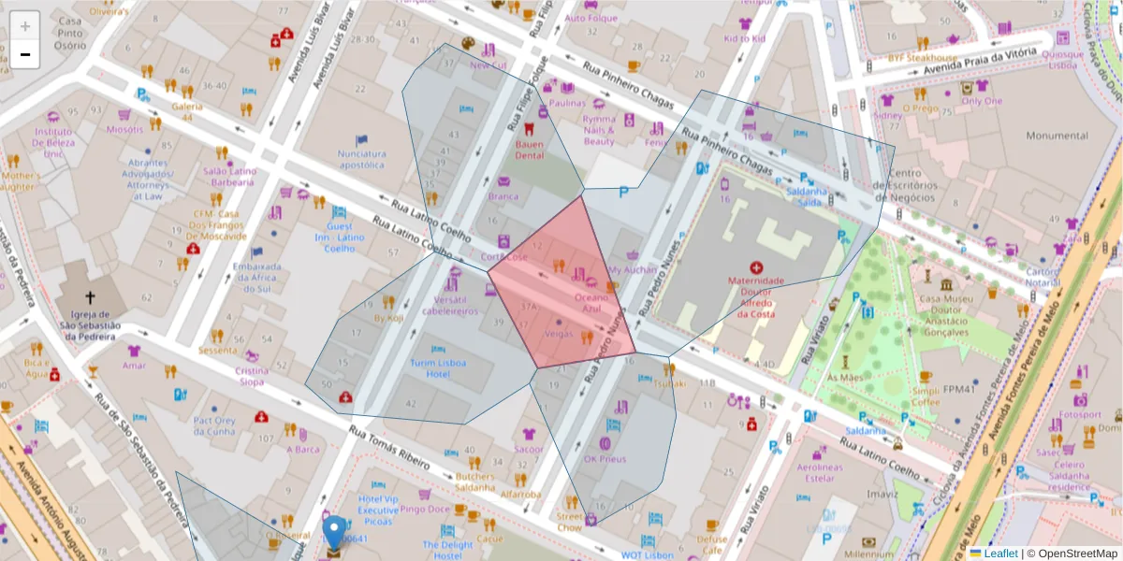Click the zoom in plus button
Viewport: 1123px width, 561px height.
click(x=24, y=25)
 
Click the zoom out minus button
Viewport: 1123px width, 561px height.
click(x=24, y=54)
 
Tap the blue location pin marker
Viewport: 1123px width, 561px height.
click(x=334, y=533)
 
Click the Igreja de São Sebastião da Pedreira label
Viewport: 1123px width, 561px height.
click(x=90, y=325)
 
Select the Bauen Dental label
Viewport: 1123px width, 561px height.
click(x=530, y=150)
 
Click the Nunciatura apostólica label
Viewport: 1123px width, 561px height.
click(x=361, y=159)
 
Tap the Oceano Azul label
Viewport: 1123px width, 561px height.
click(x=591, y=302)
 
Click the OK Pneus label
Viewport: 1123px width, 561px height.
click(x=605, y=459)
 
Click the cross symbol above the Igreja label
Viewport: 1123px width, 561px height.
click(x=90, y=297)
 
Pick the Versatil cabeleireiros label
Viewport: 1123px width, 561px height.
click(x=450, y=305)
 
